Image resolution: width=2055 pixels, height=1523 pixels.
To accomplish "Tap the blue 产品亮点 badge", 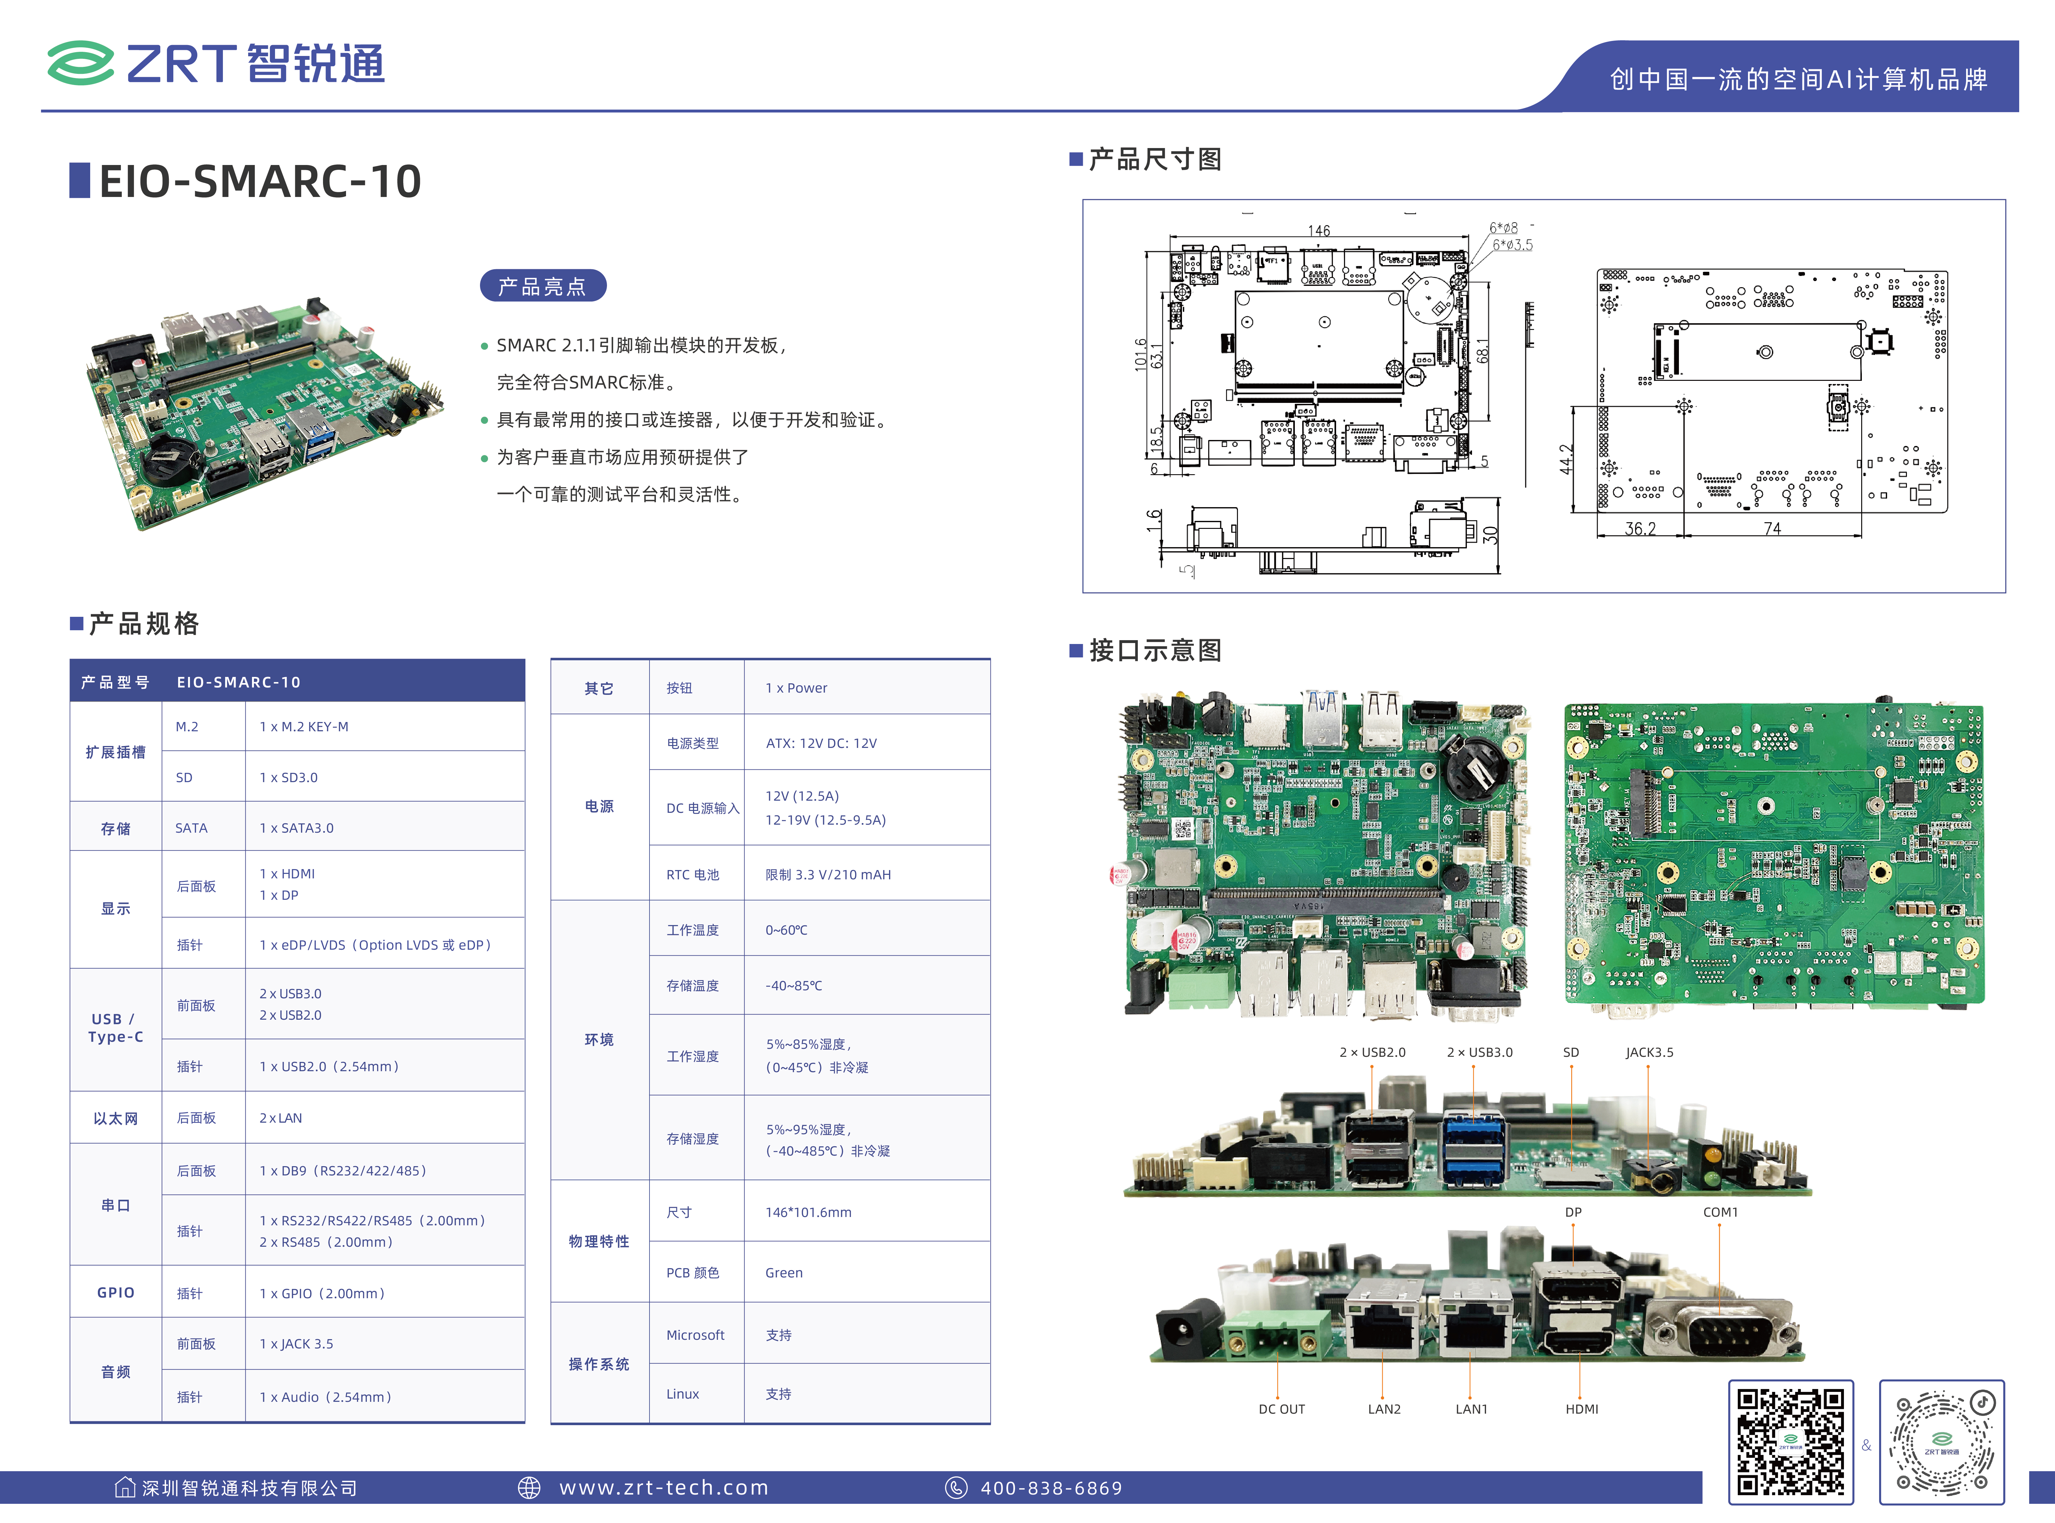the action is pyautogui.click(x=543, y=286).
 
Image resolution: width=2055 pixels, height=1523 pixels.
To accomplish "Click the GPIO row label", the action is pyautogui.click(x=116, y=1292).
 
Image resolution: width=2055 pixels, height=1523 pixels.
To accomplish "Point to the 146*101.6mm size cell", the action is pyautogui.click(x=808, y=1212).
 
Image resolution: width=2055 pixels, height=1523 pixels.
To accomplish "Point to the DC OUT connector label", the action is pyautogui.click(x=1281, y=1409).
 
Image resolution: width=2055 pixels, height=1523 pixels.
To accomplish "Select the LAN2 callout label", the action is pyautogui.click(x=1384, y=1409).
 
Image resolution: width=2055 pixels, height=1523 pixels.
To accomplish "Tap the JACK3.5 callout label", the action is pyautogui.click(x=1650, y=1052).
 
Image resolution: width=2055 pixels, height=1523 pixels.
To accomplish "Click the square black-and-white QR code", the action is pyautogui.click(x=1791, y=1442).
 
